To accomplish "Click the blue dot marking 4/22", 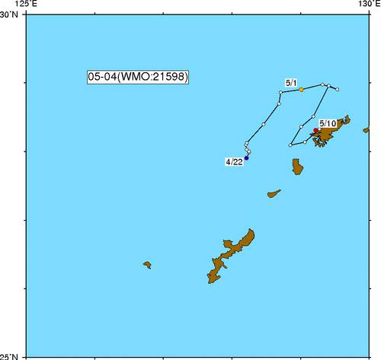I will [247, 158].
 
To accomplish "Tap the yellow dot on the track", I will [301, 90].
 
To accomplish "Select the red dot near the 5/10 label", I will [316, 130].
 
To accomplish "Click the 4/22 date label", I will [234, 162].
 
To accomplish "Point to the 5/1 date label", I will [290, 81].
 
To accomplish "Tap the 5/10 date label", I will [328, 123].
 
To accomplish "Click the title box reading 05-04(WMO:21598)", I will [138, 77].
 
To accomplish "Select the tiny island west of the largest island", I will [147, 265].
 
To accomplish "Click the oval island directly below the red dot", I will [297, 166].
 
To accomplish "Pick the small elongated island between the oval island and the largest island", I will [274, 194].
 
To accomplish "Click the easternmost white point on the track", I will [337, 90].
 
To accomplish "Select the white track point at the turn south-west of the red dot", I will [291, 145].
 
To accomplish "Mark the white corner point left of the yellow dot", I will [281, 93].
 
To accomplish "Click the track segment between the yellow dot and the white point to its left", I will [291, 91].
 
